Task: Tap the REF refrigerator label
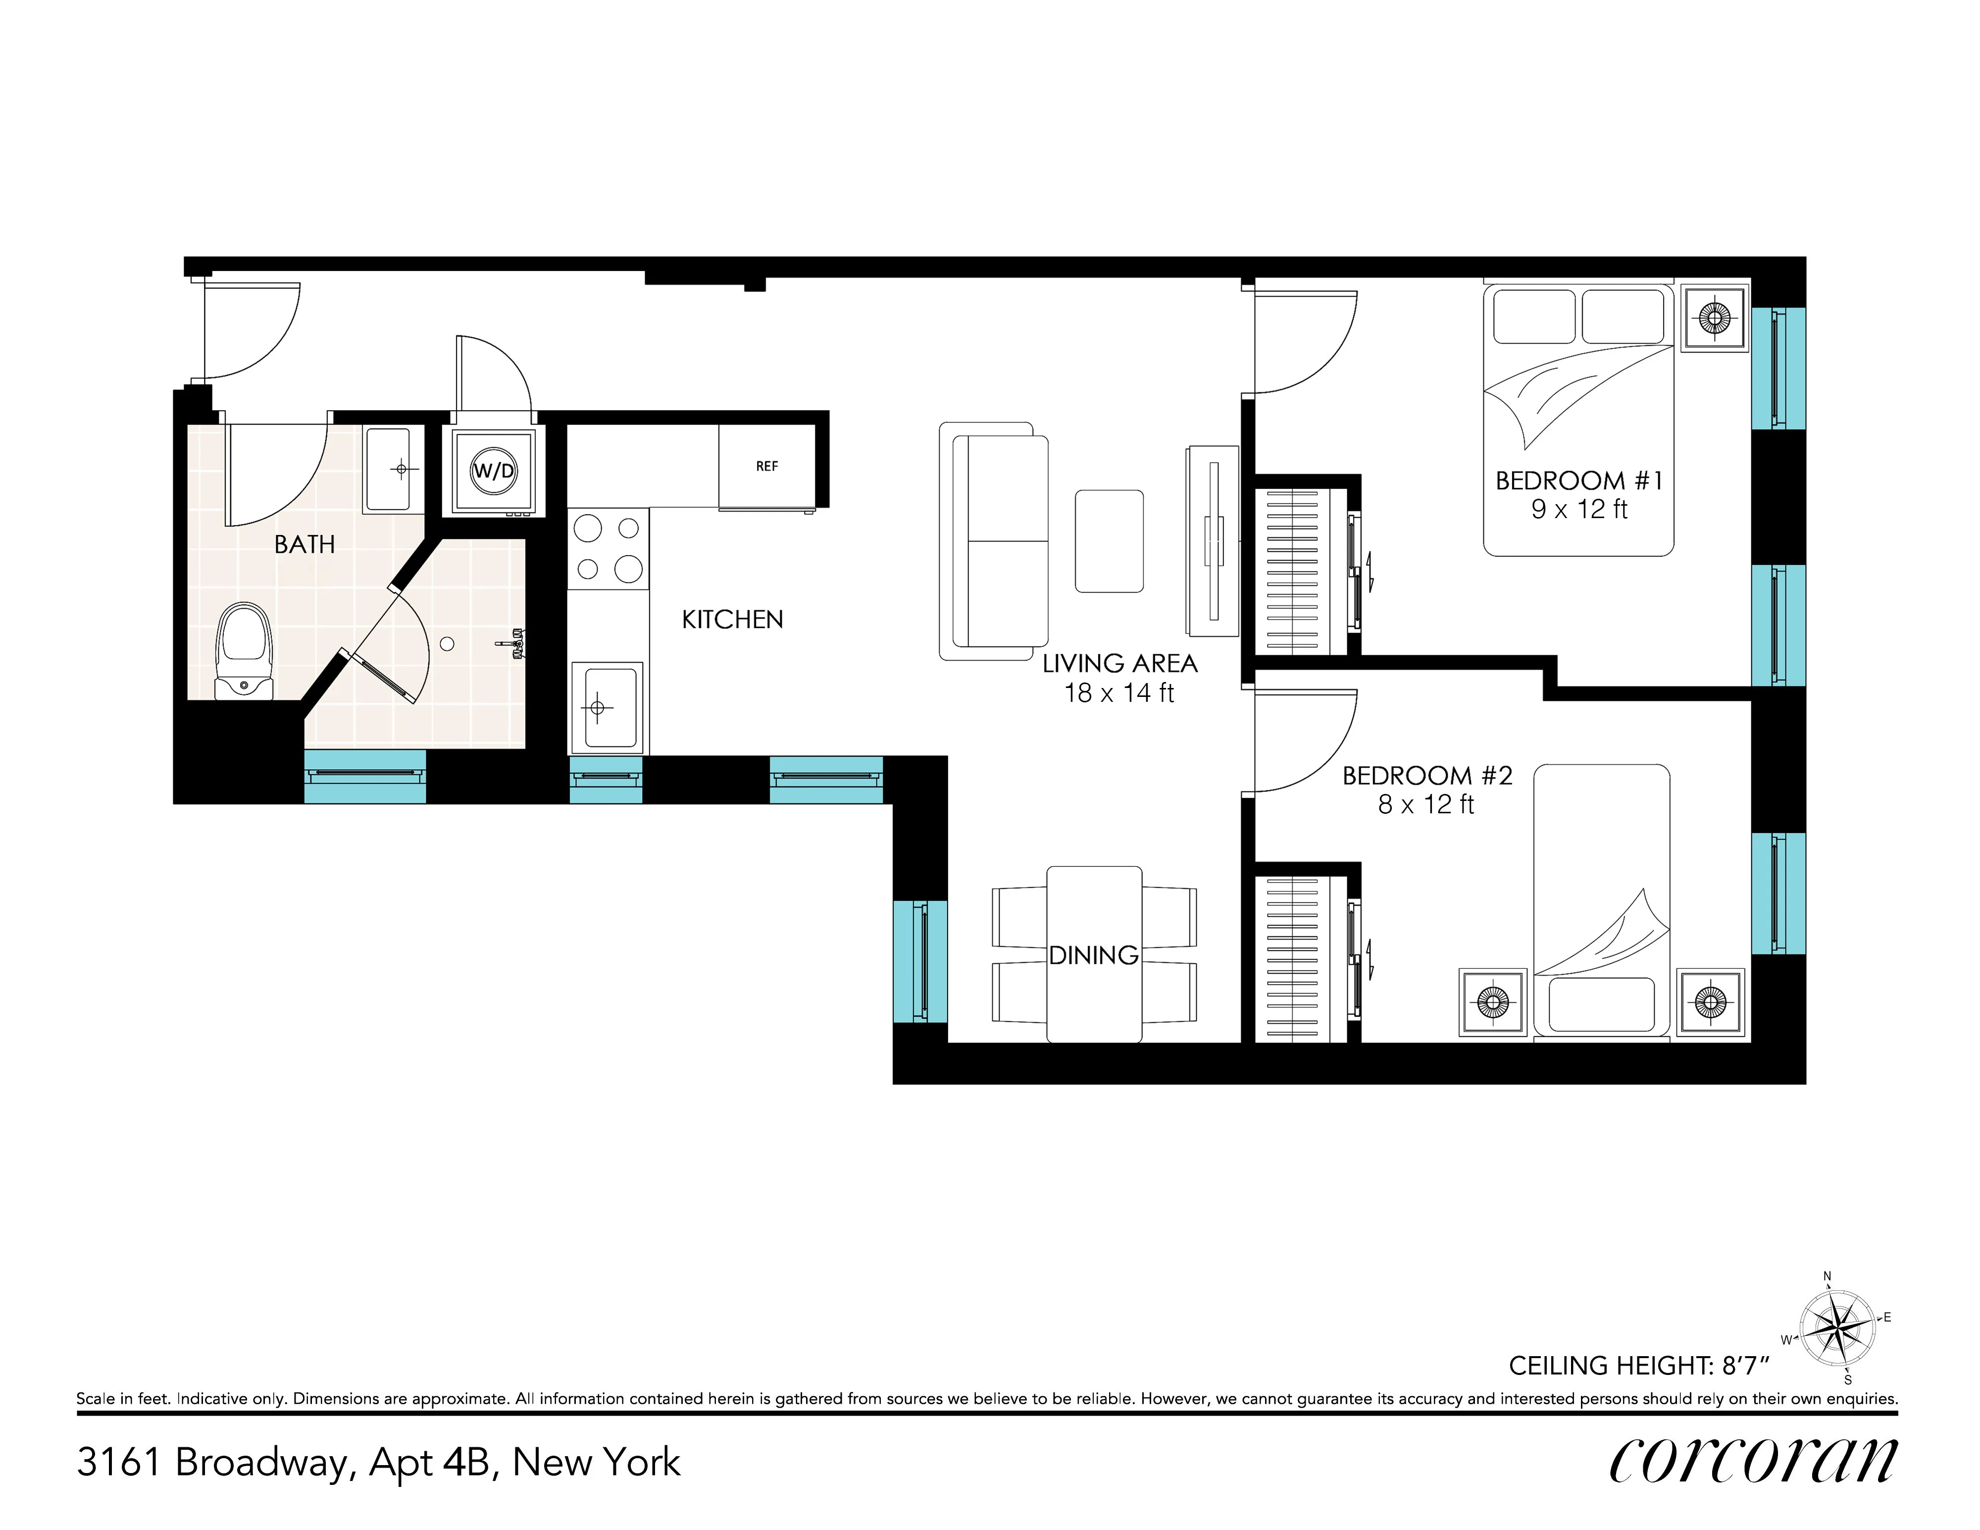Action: click(x=766, y=466)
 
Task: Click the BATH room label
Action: click(x=305, y=544)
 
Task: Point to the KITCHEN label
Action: click(x=732, y=620)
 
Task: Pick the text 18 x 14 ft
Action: click(x=1119, y=693)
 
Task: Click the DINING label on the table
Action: click(x=1093, y=955)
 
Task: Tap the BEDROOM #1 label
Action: click(x=1578, y=480)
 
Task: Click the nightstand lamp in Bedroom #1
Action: click(x=1714, y=317)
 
